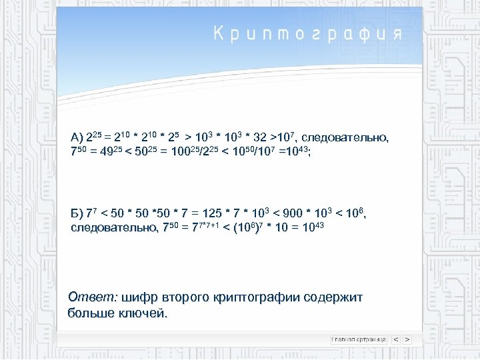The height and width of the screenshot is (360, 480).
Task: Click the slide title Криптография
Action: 308,34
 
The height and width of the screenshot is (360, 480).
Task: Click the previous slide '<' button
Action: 396,339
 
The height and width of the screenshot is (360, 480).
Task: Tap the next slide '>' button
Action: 407,339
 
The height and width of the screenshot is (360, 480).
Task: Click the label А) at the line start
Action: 76,138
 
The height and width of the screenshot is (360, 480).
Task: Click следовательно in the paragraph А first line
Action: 351,137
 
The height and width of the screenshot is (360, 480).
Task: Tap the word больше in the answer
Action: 89,313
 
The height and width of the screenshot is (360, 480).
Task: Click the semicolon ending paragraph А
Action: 309,153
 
